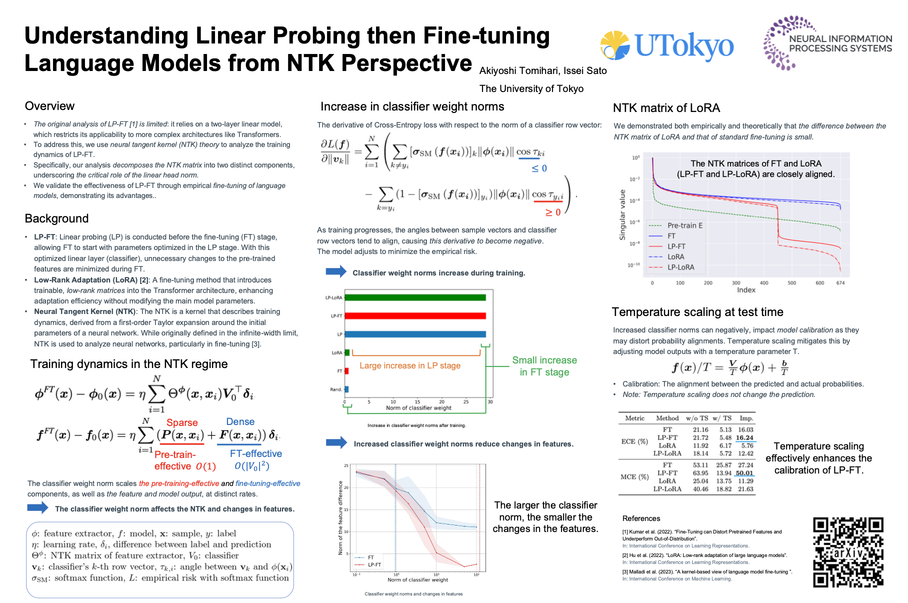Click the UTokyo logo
click(667, 46)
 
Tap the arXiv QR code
click(848, 552)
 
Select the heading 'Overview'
click(49, 106)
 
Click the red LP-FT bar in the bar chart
click(415, 316)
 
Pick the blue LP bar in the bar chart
click(415, 334)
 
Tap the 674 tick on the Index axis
click(840, 283)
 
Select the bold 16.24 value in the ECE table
click(744, 437)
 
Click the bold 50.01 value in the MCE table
click(744, 473)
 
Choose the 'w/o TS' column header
click(697, 418)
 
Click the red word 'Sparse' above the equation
click(182, 422)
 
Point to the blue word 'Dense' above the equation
click(240, 421)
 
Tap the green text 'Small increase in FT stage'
click(544, 366)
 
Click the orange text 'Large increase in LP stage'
click(410, 365)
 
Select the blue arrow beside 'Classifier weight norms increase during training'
click(336, 271)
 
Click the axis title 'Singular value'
click(622, 215)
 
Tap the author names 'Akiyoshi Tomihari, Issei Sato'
click(543, 70)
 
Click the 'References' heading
click(641, 518)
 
